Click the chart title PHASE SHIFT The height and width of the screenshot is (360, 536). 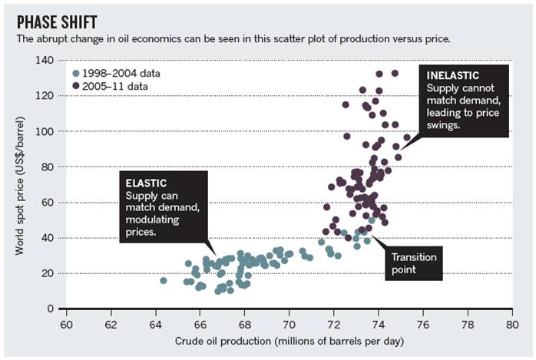click(x=61, y=21)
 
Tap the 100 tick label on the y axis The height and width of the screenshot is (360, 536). click(x=47, y=131)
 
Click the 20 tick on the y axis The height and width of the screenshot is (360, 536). click(x=50, y=273)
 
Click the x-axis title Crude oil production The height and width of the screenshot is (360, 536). click(x=289, y=340)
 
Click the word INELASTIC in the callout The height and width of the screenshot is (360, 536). click(x=454, y=77)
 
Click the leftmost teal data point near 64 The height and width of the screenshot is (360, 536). click(x=163, y=281)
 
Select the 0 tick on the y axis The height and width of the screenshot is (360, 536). click(x=54, y=309)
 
